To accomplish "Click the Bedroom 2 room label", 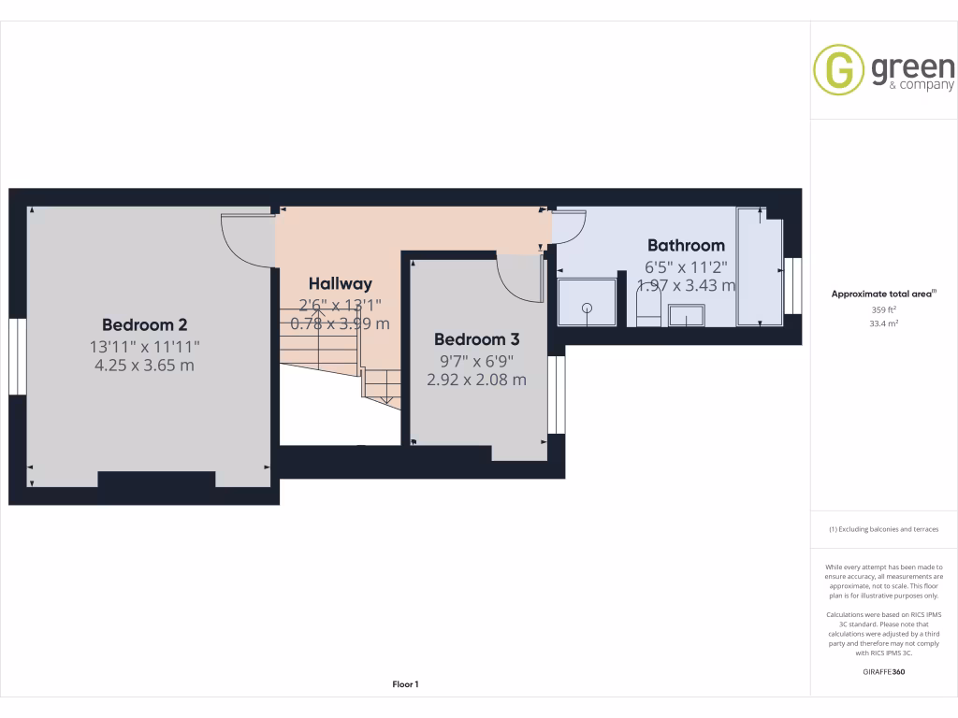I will [144, 324].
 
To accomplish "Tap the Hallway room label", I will [340, 283].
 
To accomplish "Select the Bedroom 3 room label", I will [476, 339].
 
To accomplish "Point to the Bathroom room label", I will [686, 245].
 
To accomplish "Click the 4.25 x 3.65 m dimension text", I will [144, 365].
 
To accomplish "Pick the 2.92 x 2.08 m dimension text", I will [476, 380].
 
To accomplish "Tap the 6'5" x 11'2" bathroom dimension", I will [686, 266].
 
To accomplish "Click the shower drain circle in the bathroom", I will [588, 308].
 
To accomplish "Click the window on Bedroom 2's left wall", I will [16, 356].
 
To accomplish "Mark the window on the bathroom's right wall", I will [793, 286].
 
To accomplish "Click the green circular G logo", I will [838, 69].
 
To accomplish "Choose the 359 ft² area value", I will [884, 309].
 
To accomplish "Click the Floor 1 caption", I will [405, 684].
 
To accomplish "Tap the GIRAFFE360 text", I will [884, 672].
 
